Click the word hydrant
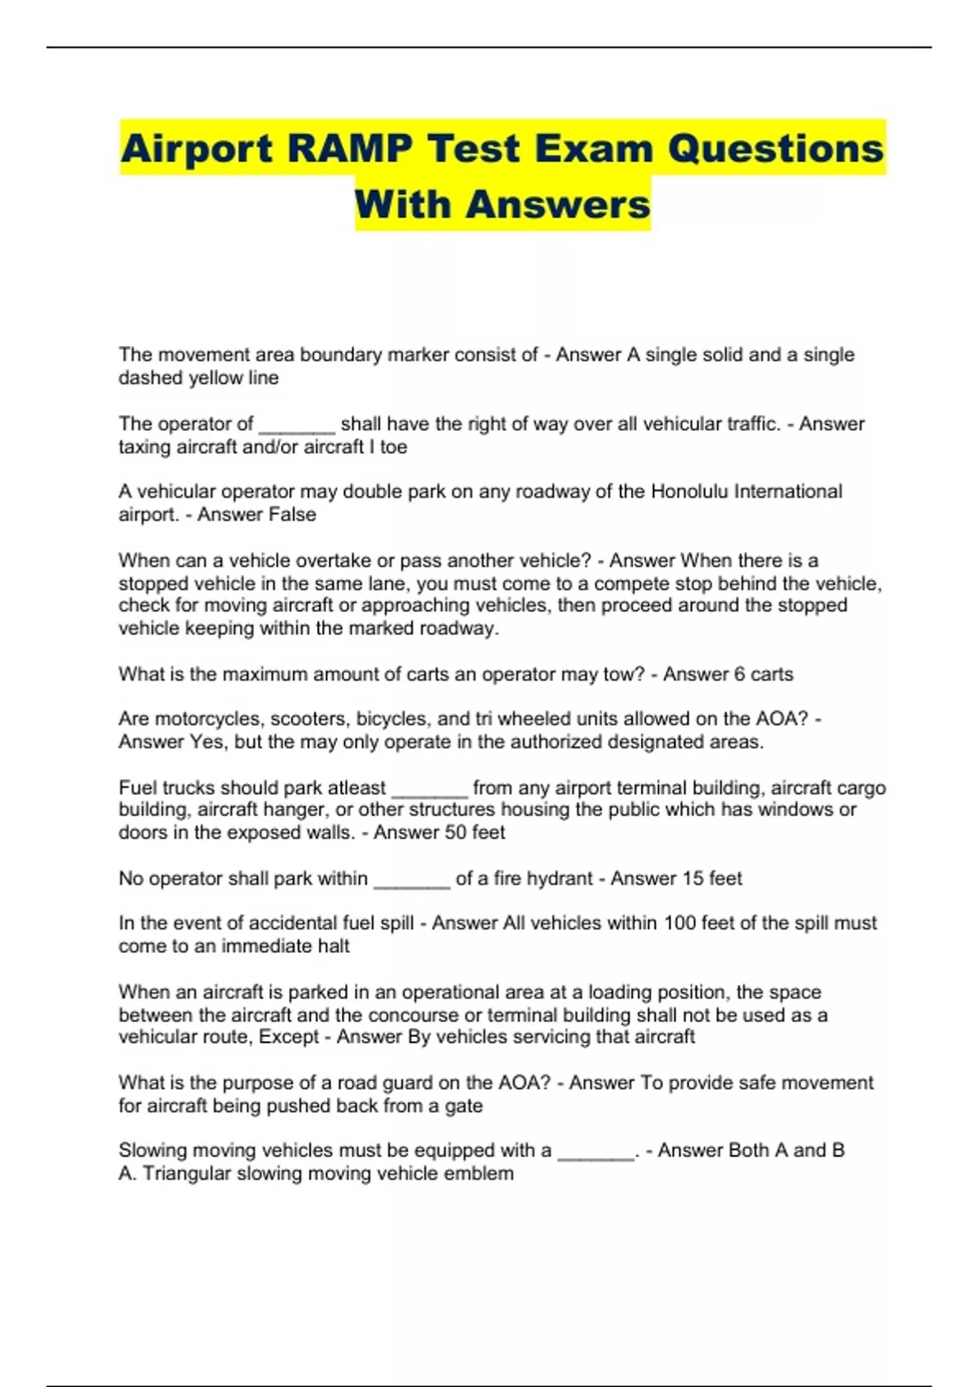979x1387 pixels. pyautogui.click(x=560, y=879)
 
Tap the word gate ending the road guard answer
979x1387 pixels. pyautogui.click(x=463, y=1106)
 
